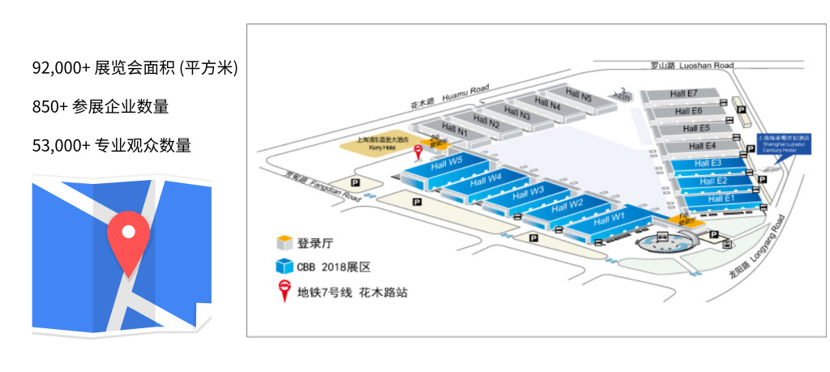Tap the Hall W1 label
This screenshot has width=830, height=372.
tap(609, 219)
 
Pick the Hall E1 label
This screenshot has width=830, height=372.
tap(721, 198)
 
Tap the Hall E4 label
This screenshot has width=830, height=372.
tap(702, 146)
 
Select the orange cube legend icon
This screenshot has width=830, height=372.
tap(284, 242)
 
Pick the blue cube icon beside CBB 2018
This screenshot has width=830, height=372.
tap(284, 266)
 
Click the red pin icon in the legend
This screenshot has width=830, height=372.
tap(284, 290)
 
